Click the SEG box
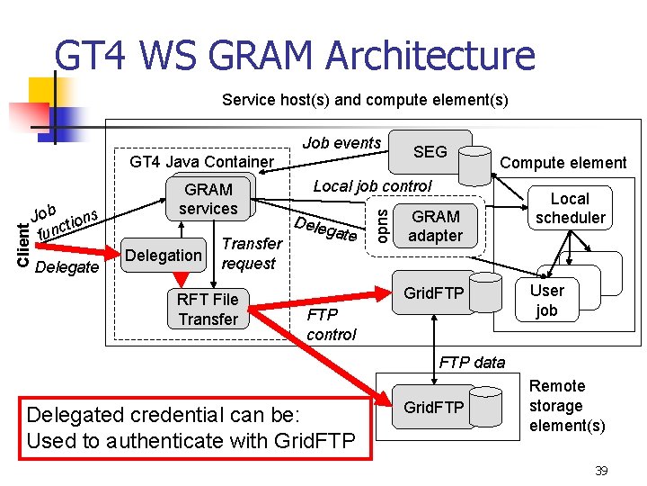tap(430, 152)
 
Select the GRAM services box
tap(208, 199)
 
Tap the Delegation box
tap(164, 255)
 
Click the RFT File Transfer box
tap(208, 309)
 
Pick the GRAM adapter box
tap(435, 226)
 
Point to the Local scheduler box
tap(571, 208)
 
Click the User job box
tap(547, 300)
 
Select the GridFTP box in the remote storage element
tap(434, 407)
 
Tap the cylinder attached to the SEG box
tap(475, 166)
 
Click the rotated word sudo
tap(383, 226)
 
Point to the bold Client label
tap(23, 245)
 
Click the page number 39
tap(601, 471)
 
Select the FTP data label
tap(472, 363)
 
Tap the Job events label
tap(341, 143)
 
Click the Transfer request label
tap(252, 253)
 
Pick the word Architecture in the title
tap(430, 55)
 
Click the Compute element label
tap(563, 163)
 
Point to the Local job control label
tap(372, 186)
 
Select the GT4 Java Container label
tap(202, 162)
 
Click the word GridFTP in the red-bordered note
tap(315, 440)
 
